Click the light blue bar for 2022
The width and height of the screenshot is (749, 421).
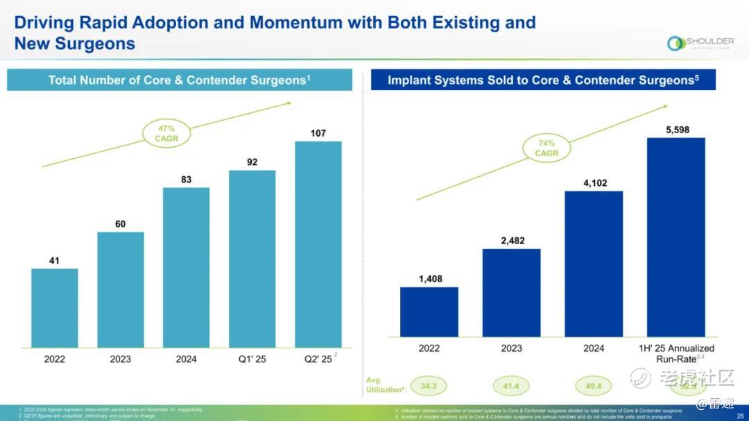point(55,307)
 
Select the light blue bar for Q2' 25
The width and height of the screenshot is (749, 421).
point(318,244)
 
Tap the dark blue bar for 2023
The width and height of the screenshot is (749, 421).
point(511,292)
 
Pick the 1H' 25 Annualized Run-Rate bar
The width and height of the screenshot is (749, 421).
point(676,237)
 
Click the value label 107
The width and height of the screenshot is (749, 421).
point(318,132)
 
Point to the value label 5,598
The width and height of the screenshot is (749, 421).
point(676,129)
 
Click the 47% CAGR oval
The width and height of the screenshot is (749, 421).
point(166,133)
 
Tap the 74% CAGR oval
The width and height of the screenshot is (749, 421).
point(546,148)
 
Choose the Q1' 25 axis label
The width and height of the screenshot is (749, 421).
point(252,359)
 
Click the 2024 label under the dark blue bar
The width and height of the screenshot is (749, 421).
point(594,348)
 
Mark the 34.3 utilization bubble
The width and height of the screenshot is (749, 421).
point(429,385)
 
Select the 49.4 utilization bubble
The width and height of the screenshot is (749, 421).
point(594,385)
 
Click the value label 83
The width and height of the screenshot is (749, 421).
point(186,180)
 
